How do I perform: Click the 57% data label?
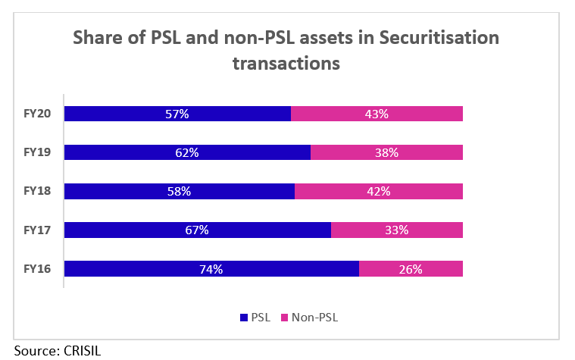[x=177, y=114]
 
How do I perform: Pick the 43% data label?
[x=377, y=114]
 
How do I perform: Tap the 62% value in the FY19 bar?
[x=186, y=152]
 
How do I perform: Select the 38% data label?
[x=386, y=152]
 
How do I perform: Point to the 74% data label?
[x=211, y=268]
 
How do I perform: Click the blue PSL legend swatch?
[x=244, y=318]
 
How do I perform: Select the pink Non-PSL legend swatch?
[x=285, y=318]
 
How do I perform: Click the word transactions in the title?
[x=286, y=64]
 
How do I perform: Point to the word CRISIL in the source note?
[x=77, y=351]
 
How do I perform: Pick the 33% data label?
[x=396, y=230]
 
